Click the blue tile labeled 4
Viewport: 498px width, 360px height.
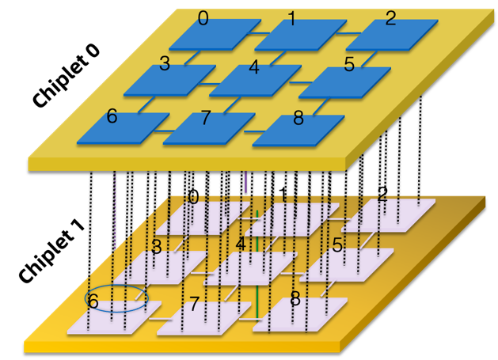256,81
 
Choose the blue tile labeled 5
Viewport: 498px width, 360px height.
344,82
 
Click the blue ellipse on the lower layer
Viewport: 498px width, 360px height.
116,297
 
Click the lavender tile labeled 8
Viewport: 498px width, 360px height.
301,314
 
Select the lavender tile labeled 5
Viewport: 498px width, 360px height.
347,264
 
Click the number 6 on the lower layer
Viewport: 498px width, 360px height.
93,301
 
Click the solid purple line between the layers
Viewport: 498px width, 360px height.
246,182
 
